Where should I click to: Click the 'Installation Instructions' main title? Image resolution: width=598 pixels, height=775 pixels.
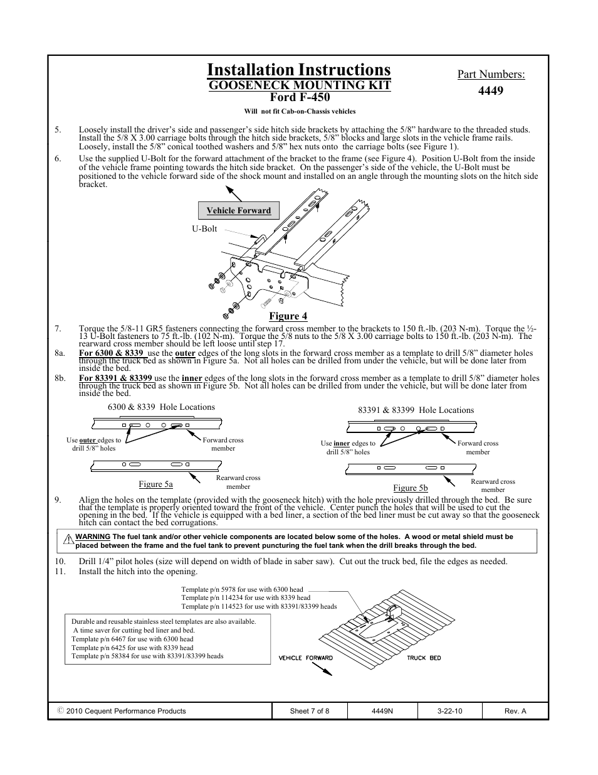[x=298, y=70]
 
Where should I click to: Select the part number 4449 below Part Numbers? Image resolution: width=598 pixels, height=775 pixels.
[x=490, y=90]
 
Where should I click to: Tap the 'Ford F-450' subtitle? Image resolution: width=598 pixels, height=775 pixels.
[x=299, y=97]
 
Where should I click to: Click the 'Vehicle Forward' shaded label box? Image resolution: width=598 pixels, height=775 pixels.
[x=238, y=211]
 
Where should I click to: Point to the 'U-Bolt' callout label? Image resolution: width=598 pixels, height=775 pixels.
[x=204, y=229]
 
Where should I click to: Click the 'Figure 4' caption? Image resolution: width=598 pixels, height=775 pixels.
[x=288, y=316]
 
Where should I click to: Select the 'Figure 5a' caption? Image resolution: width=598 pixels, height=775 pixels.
[x=155, y=484]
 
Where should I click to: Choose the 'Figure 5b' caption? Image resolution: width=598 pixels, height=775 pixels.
[x=410, y=488]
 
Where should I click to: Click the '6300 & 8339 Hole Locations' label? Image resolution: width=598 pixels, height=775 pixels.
[x=161, y=407]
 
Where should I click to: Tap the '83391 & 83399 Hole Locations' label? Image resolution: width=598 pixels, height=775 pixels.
[x=416, y=410]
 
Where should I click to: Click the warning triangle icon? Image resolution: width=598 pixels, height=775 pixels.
[x=69, y=538]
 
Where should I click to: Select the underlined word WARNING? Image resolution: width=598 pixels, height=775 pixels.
[x=93, y=537]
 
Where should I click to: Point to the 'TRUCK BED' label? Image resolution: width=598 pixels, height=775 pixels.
[x=424, y=658]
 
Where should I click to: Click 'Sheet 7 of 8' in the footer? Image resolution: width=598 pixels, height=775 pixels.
[x=309, y=711]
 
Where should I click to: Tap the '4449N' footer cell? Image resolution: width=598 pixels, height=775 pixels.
[x=382, y=711]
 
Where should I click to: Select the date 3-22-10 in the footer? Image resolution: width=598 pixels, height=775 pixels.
[x=449, y=711]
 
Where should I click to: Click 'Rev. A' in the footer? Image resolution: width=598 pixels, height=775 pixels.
[x=515, y=711]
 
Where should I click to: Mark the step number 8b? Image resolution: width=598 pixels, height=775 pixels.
[x=60, y=378]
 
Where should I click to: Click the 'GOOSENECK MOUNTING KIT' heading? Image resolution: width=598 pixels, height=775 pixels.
[x=299, y=85]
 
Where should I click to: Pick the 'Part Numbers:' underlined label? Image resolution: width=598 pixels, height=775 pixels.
[x=491, y=75]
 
